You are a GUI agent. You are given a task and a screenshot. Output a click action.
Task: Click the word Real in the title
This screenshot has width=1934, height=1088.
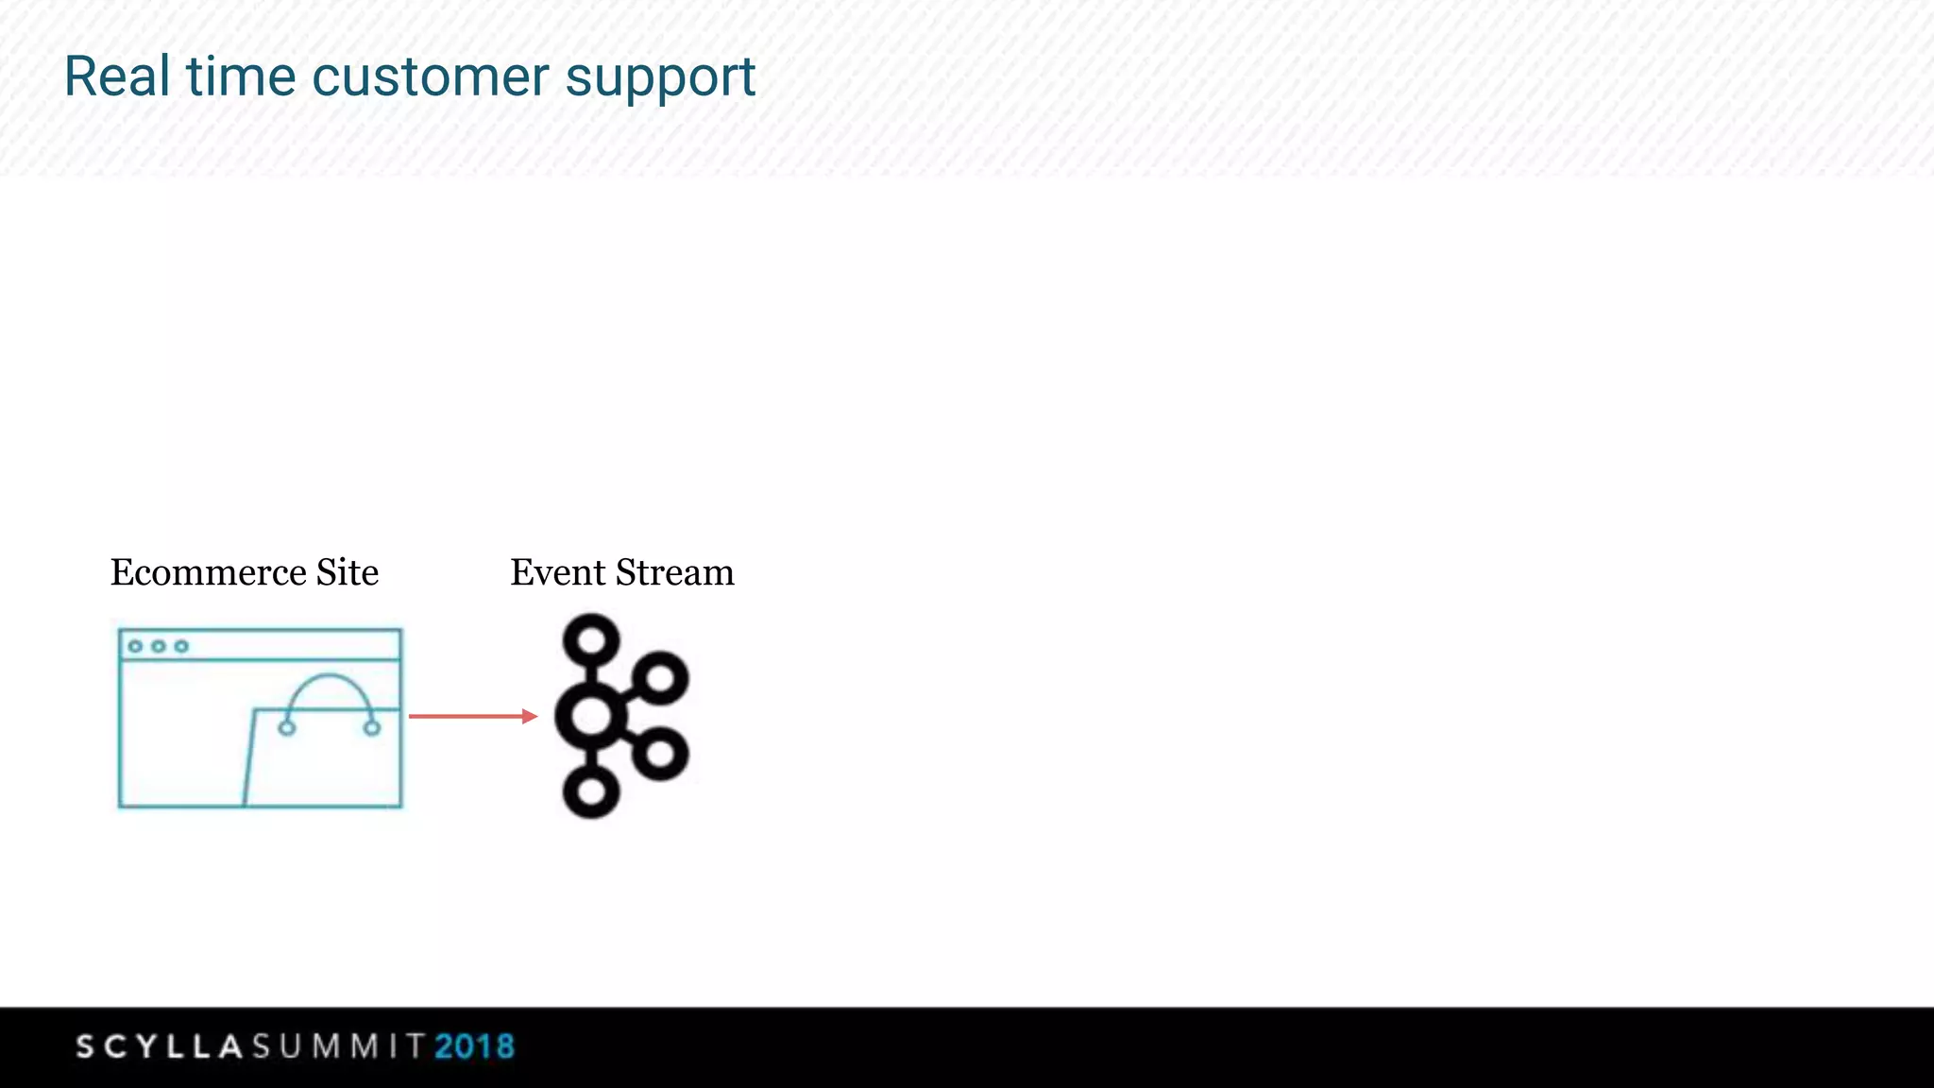point(116,76)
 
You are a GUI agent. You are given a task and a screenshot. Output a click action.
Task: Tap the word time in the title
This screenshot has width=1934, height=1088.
point(241,76)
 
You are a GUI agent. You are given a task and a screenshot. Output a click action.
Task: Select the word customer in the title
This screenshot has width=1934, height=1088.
point(430,76)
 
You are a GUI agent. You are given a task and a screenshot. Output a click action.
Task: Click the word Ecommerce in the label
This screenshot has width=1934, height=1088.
point(208,572)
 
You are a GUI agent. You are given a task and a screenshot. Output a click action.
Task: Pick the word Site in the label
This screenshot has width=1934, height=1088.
point(347,572)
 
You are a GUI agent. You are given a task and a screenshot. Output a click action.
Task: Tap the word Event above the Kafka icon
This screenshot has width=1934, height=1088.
point(558,572)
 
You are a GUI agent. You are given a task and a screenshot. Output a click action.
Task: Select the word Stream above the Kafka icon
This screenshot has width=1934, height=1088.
point(674,572)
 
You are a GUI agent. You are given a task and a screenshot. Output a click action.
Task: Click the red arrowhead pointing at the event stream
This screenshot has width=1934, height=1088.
point(530,717)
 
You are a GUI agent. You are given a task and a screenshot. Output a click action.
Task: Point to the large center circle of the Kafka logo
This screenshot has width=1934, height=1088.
point(591,716)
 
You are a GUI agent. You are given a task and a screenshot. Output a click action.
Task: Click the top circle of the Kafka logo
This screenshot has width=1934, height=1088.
point(591,640)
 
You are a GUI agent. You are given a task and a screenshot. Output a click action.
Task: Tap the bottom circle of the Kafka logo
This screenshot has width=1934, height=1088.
point(591,791)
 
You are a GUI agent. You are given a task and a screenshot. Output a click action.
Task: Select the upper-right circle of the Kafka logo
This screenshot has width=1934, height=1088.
point(660,678)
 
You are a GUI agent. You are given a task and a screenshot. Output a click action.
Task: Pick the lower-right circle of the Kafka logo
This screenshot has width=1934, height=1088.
point(660,754)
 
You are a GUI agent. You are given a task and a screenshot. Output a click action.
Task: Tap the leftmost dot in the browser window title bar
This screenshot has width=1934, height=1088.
point(135,646)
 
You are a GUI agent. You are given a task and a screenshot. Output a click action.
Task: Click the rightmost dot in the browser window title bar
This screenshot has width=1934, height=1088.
point(181,646)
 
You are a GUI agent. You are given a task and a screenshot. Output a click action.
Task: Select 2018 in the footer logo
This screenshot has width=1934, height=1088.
point(474,1046)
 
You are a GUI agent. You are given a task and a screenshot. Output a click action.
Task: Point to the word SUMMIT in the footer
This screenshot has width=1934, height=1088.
point(338,1046)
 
